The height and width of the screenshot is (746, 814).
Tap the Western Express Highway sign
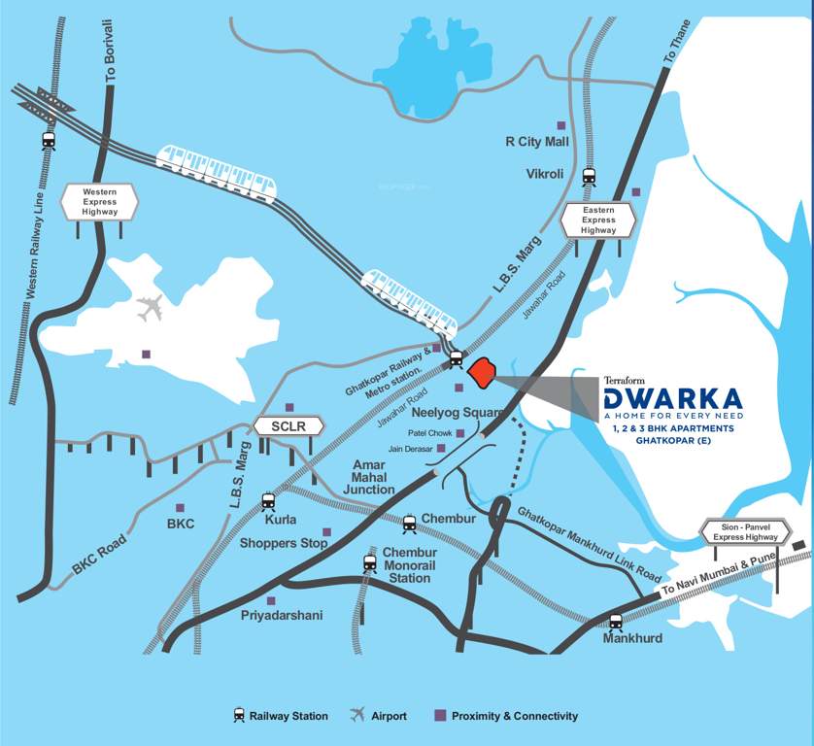[x=99, y=201]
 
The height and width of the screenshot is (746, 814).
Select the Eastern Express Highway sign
[x=598, y=220]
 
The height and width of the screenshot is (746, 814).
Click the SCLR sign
[x=288, y=425]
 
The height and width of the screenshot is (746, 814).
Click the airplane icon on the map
[x=151, y=309]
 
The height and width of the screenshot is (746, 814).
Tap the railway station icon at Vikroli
[x=588, y=177]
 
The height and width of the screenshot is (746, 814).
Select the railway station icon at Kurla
[x=269, y=501]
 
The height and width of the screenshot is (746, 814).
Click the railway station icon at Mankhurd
[x=616, y=622]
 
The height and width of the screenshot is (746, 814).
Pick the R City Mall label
[x=536, y=142]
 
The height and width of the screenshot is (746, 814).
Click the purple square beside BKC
[x=180, y=508]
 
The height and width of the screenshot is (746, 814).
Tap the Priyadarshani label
[x=282, y=616]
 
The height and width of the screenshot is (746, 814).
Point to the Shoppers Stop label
[x=284, y=544]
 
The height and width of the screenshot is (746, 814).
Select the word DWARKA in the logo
[x=672, y=398]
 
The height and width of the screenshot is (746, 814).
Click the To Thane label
[x=676, y=42]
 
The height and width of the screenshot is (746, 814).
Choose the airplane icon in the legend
[x=357, y=716]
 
